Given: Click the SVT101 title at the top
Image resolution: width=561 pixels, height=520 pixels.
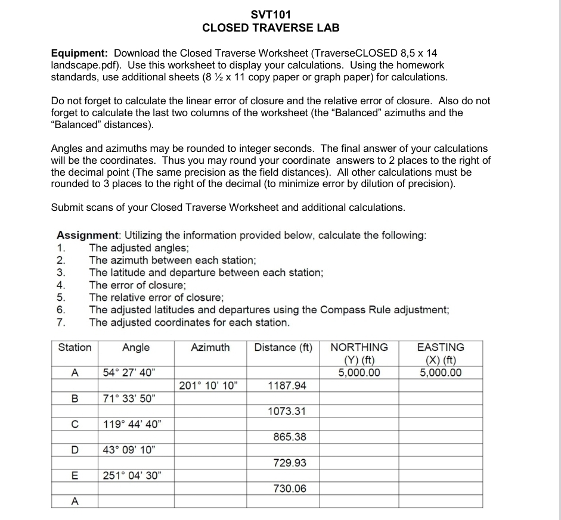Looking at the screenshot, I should (x=271, y=14).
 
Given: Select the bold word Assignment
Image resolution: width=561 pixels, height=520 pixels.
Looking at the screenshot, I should (x=88, y=235).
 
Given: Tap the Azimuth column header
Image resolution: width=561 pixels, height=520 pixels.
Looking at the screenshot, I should (x=210, y=347).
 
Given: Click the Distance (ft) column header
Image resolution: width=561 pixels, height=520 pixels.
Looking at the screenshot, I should (x=283, y=347).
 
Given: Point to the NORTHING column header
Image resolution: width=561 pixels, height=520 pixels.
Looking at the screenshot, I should (x=359, y=347).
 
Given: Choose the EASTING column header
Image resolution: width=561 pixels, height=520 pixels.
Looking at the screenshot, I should (x=441, y=347).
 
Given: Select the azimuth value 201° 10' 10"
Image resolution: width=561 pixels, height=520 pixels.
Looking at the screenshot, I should (x=208, y=386).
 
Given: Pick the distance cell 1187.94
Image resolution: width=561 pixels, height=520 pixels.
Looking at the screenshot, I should (x=287, y=386).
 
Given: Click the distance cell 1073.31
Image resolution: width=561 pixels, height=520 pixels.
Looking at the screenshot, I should (x=287, y=412).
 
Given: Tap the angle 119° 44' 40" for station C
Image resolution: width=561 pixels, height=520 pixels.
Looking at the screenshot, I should (x=131, y=425).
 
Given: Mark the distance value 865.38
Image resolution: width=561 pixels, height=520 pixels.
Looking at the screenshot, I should (x=290, y=437).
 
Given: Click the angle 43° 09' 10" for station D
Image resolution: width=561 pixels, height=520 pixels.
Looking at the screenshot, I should (x=130, y=450).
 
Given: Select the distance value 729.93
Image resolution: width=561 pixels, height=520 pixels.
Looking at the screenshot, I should (x=290, y=463).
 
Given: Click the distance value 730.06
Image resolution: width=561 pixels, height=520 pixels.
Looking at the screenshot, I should (x=290, y=488).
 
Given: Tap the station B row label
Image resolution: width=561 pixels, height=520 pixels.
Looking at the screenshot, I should (x=75, y=399).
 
